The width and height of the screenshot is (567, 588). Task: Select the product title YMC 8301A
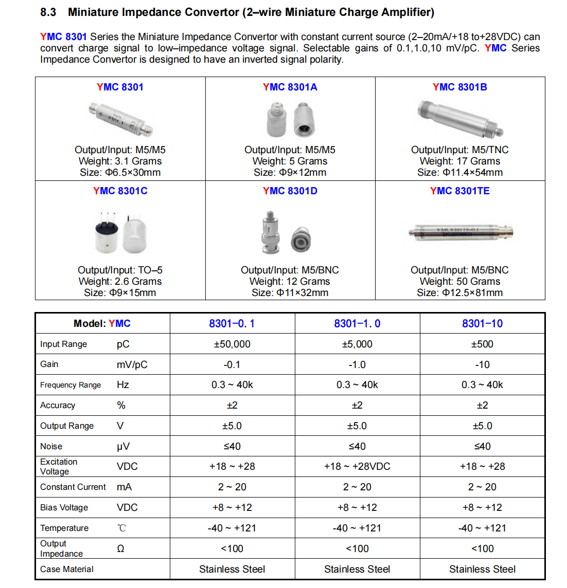click(290, 87)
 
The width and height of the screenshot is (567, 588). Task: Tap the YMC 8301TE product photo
click(459, 232)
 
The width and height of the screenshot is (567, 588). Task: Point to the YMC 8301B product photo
click(459, 119)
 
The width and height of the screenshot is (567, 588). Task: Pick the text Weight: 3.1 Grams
click(120, 161)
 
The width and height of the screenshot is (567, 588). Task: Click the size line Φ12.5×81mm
click(459, 292)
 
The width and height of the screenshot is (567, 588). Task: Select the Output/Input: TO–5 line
click(120, 270)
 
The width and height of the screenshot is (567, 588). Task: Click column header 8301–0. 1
click(232, 323)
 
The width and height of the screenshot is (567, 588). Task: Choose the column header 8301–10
click(482, 323)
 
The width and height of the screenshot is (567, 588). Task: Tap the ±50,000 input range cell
click(232, 344)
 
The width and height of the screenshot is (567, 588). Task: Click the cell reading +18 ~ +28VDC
click(357, 466)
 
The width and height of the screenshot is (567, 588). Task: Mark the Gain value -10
click(482, 364)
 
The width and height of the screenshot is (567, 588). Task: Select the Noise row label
click(51, 446)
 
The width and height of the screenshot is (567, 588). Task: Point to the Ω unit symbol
click(120, 548)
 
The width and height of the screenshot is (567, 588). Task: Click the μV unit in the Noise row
click(123, 446)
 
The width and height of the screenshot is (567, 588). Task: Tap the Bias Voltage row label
click(64, 507)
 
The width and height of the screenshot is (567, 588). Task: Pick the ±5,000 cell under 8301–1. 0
click(357, 344)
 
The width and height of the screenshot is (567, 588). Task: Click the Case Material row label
click(67, 569)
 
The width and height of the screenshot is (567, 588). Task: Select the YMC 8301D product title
click(290, 191)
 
